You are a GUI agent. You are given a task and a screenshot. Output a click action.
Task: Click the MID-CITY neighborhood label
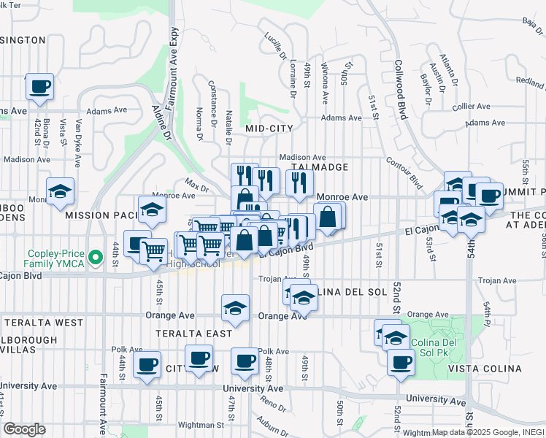tap(269, 128)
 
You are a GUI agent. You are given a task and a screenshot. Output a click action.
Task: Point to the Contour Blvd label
tap(404, 173)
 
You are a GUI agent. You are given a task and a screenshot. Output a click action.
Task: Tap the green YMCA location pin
tap(93, 257)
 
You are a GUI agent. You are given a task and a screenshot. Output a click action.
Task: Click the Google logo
tap(25, 429)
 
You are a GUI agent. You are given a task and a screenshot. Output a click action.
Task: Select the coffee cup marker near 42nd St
tap(39, 87)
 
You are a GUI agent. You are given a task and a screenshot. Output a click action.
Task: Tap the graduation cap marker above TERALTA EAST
tap(235, 307)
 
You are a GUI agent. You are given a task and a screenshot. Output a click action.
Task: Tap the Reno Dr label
tap(274, 402)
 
